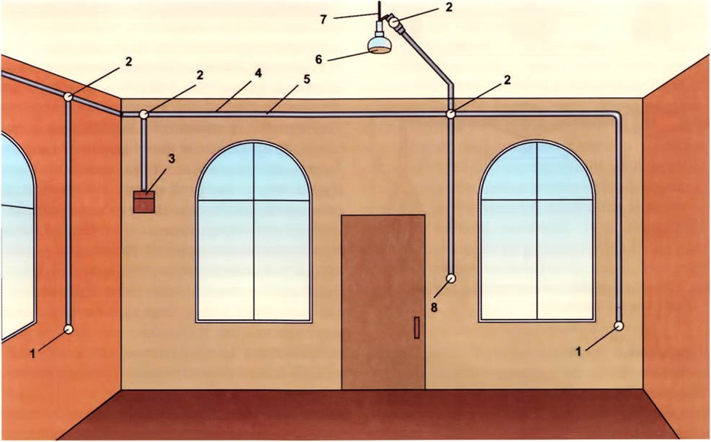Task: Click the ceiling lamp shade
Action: coord(379,44)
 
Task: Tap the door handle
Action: coord(416,328)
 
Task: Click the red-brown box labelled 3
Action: coord(144,202)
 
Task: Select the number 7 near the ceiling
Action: coord(323,20)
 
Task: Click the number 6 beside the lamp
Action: coord(319,59)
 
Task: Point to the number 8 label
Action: coord(434,308)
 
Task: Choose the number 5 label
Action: coord(307,79)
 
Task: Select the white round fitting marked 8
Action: coord(451,278)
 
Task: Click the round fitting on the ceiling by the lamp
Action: coord(394,21)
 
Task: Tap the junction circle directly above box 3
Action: coord(144,115)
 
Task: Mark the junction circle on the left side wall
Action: coord(68,96)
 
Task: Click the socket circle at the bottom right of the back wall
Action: coord(618,326)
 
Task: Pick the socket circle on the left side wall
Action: coord(69,329)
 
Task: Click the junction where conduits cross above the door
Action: coord(451,114)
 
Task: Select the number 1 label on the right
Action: coord(579,351)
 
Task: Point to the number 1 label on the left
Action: coord(33,353)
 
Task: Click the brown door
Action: coord(383,302)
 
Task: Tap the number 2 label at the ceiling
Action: coord(449,7)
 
